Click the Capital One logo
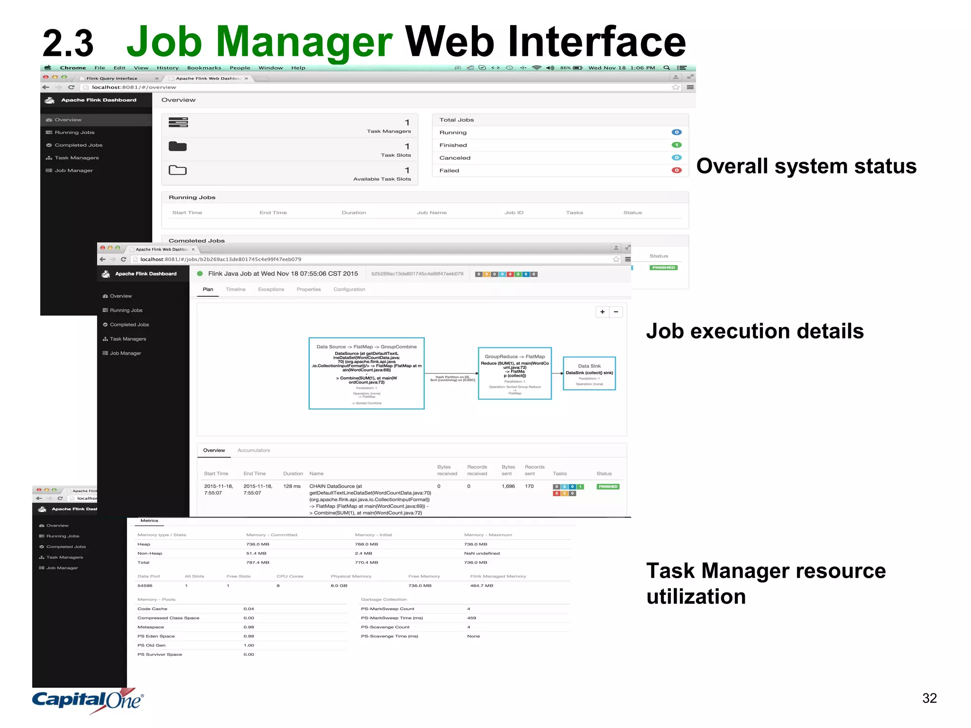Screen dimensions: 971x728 tap(88, 700)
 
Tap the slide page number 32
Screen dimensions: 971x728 tap(929, 698)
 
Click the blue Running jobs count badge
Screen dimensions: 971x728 tap(677, 132)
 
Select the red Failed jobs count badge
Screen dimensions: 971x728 tap(677, 170)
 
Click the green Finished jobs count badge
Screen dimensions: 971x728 tap(677, 145)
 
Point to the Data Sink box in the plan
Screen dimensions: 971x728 tap(589, 373)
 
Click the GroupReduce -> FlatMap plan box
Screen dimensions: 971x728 tap(514, 373)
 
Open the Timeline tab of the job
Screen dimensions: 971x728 tap(236, 290)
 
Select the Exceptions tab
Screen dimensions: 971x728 tap(271, 290)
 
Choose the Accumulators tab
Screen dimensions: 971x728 tap(254, 450)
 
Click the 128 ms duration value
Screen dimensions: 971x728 tap(292, 486)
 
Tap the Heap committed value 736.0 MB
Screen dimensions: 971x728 tap(258, 544)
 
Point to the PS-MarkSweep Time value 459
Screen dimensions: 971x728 tap(471, 618)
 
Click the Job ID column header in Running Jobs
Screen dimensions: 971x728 tap(514, 213)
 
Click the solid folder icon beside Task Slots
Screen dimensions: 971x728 tap(178, 146)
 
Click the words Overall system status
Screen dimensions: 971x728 tap(806, 166)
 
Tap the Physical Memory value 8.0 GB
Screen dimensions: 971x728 tap(339, 586)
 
